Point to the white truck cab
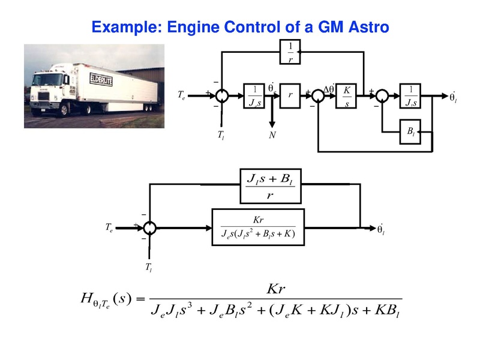53,89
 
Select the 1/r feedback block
289,53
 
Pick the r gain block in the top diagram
290,95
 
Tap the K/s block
346,95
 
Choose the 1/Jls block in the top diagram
410,95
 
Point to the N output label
272,136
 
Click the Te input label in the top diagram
182,95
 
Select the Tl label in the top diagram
221,136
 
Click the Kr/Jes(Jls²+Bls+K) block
259,227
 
